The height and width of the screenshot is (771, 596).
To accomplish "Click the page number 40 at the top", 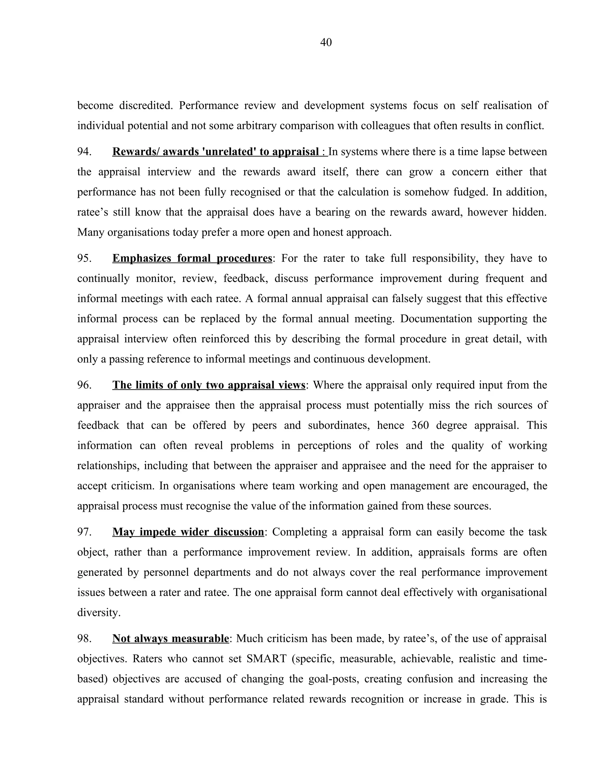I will tap(326, 42).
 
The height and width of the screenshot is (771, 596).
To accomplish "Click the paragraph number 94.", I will tap(84, 152).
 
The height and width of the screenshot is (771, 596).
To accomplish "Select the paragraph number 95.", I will tap(84, 258).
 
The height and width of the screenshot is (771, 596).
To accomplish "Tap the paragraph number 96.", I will tap(84, 385).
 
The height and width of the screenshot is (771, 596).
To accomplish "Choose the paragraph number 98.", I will tap(84, 638).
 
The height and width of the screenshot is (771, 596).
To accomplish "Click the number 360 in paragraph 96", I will tap(420, 425).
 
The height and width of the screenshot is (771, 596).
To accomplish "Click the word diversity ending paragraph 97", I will tap(99, 612).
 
